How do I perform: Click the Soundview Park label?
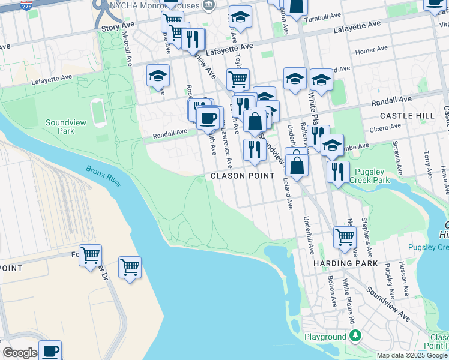tap(60, 126)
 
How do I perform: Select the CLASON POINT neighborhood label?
tap(242, 176)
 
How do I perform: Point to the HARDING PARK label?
tap(345, 263)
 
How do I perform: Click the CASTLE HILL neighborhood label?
tap(407, 115)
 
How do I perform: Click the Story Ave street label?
tap(118, 28)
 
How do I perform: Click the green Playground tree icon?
tap(356, 336)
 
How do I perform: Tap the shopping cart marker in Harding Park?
tap(345, 236)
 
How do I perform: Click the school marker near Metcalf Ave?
tap(158, 76)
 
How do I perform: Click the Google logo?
tap(20, 353)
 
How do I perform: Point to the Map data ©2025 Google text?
tap(412, 355)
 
